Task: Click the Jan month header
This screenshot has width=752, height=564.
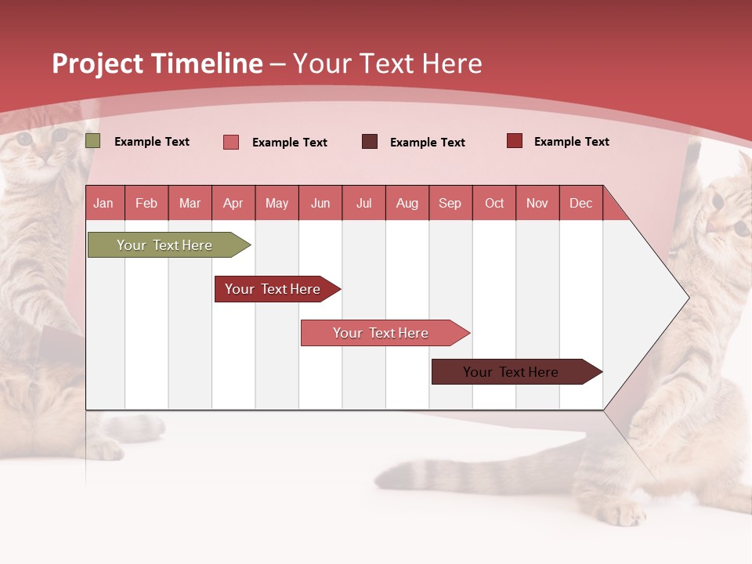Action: click(x=103, y=203)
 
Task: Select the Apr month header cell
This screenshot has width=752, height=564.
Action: click(x=233, y=203)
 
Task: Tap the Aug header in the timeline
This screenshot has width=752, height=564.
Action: click(x=407, y=203)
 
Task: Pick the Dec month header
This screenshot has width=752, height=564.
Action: click(x=580, y=203)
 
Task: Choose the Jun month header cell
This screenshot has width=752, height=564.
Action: click(x=320, y=203)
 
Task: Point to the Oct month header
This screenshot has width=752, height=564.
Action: click(x=493, y=203)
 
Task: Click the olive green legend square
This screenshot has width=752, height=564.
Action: click(x=93, y=141)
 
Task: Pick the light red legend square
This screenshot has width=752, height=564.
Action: click(x=231, y=142)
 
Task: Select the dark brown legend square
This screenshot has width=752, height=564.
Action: click(x=370, y=142)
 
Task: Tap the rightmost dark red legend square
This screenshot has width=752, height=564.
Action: click(x=515, y=141)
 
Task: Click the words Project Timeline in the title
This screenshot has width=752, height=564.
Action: click(x=157, y=63)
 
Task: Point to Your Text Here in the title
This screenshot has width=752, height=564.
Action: click(x=387, y=63)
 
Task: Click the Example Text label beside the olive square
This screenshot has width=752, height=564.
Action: click(x=151, y=142)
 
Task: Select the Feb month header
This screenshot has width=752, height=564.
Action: click(x=146, y=203)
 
